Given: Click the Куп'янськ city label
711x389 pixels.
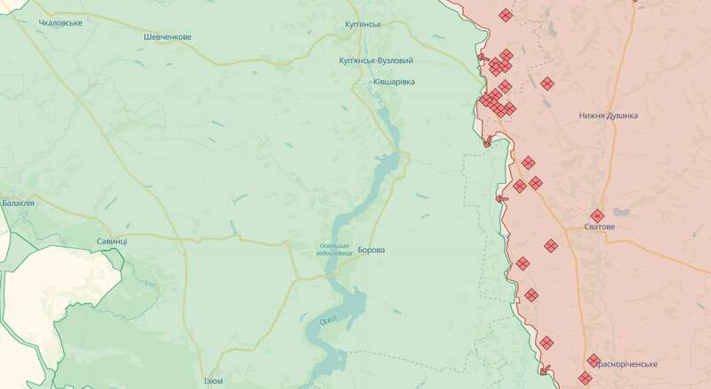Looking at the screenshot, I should click(x=363, y=24).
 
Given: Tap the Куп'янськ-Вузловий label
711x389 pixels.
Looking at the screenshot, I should click(x=376, y=60).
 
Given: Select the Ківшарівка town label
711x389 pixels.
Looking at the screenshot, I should click(x=393, y=82).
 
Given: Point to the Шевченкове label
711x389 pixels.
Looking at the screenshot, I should click(x=167, y=36).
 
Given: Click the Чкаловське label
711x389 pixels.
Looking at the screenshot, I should click(x=60, y=22).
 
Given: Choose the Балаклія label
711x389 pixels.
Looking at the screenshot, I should click(x=18, y=203).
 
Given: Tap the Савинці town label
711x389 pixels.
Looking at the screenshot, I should click(x=112, y=242).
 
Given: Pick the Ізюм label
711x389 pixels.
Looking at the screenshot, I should click(x=213, y=381).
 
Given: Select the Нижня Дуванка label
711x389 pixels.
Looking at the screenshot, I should click(x=608, y=115).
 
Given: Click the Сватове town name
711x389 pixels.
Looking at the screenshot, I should click(x=599, y=227).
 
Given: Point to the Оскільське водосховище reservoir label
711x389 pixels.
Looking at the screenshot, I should click(x=334, y=249).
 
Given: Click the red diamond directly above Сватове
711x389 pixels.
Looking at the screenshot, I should click(x=597, y=215).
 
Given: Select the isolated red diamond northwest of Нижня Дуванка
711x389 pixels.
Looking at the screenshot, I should click(x=547, y=83).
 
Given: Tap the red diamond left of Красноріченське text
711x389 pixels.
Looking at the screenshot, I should click(x=593, y=360).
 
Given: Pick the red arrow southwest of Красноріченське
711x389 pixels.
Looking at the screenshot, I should click(x=546, y=369).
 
